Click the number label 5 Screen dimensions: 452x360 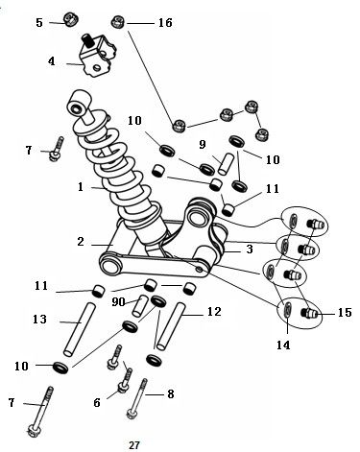tap(39, 21)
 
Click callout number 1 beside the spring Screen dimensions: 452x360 tap(81, 188)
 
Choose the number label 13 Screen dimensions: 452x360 tap(39, 319)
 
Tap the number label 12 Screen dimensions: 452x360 tap(215, 312)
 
